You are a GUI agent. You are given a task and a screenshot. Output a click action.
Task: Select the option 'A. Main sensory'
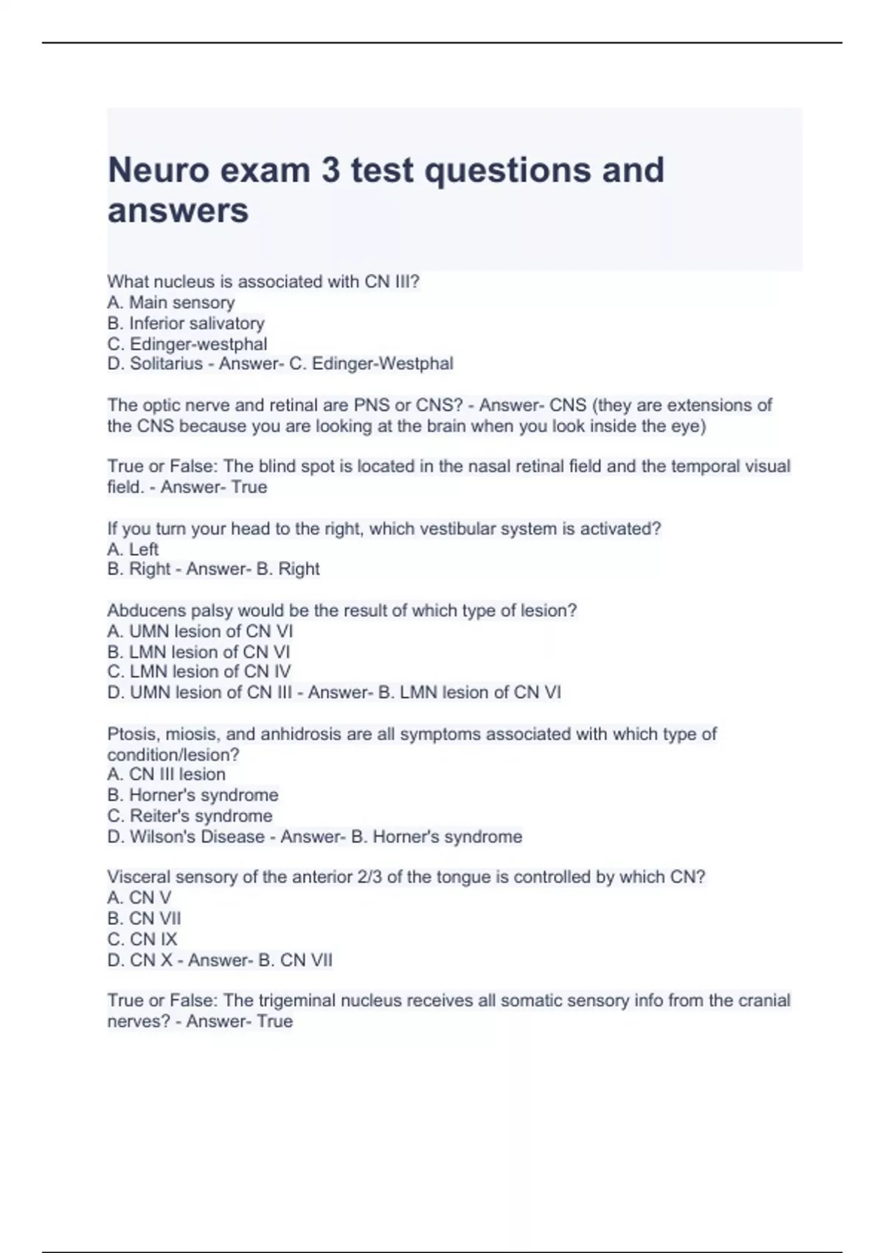tap(171, 302)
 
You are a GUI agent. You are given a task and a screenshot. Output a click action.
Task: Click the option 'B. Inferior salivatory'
tap(185, 323)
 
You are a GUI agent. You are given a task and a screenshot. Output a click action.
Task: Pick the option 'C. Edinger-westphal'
tap(187, 343)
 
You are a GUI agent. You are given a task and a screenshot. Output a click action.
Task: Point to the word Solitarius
tap(166, 363)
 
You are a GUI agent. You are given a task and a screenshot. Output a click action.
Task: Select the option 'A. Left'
tap(133, 549)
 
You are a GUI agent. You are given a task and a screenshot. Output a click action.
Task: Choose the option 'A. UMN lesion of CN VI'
tap(200, 631)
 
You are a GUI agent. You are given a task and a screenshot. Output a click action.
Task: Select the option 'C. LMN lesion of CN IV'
tap(199, 671)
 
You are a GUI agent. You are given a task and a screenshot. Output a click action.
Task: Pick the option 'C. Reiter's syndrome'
tap(190, 816)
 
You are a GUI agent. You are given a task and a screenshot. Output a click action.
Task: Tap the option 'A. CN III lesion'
tap(166, 774)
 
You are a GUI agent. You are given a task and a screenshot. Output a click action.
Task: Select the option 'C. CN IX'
tap(142, 939)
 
